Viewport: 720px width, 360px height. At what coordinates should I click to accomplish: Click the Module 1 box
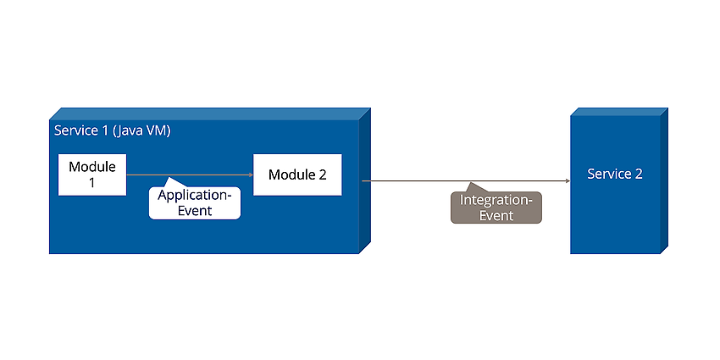click(x=92, y=175)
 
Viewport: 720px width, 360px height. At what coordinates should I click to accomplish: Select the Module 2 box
click(x=297, y=175)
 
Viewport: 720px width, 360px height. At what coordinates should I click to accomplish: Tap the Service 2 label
click(x=615, y=174)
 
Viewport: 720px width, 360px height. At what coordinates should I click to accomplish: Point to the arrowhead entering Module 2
click(x=251, y=175)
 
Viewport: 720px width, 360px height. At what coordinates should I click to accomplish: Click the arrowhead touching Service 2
click(x=568, y=181)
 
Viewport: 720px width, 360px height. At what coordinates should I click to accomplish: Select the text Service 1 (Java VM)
click(x=113, y=130)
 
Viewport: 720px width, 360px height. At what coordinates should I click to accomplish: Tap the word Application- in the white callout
click(x=195, y=196)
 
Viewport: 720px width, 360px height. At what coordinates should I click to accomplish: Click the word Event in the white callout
click(x=195, y=211)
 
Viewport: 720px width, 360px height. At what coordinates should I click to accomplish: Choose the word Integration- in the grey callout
click(x=496, y=200)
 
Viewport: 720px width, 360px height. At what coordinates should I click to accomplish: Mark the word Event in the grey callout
click(x=496, y=215)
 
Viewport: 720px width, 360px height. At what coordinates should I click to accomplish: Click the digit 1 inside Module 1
click(x=91, y=182)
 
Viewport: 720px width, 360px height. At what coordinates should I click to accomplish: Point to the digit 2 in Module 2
click(x=323, y=175)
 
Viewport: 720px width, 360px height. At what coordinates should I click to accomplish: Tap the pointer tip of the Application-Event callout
click(x=169, y=177)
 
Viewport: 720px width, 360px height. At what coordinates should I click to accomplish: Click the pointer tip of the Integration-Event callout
click(x=470, y=183)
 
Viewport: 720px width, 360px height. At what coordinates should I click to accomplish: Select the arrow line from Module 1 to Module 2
click(x=190, y=175)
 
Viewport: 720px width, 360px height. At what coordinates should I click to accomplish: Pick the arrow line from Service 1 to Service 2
click(x=466, y=181)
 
